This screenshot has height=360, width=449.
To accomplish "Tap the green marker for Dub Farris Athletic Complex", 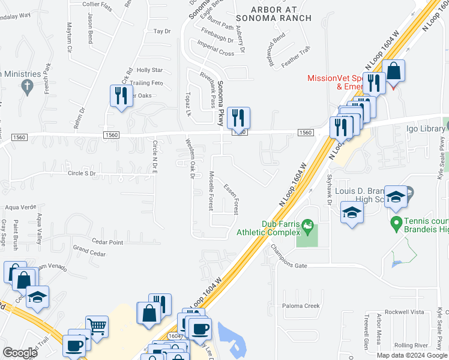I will (x=309, y=227).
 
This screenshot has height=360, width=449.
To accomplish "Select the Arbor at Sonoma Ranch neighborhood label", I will (x=274, y=13).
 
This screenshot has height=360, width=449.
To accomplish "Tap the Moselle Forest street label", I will (x=211, y=190).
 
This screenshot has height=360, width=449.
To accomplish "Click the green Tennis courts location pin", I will (x=396, y=224).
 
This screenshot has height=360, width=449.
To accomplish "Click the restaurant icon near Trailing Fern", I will (x=121, y=96).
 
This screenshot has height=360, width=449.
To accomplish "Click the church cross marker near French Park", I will (x=26, y=88).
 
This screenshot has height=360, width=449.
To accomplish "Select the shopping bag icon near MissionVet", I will (x=394, y=71).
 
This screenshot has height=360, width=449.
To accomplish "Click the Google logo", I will (x=20, y=353).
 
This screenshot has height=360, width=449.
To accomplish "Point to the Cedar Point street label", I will (x=107, y=242).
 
